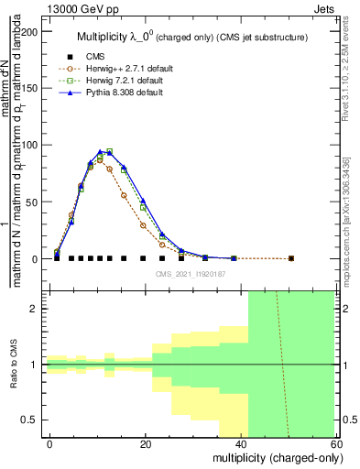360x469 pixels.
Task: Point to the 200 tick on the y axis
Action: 31,31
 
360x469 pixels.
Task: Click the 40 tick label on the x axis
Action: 241,444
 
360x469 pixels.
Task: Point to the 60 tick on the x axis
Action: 336,444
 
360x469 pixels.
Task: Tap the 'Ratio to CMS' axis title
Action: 14,365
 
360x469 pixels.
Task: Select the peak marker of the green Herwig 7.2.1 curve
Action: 110,151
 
